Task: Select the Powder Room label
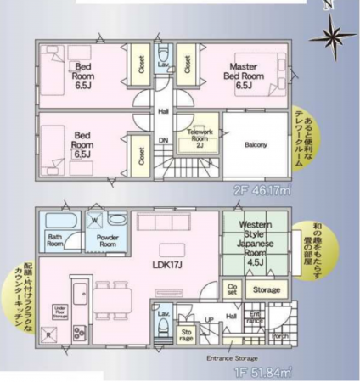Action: (x=106, y=240)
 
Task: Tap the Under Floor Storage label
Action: (x=59, y=312)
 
